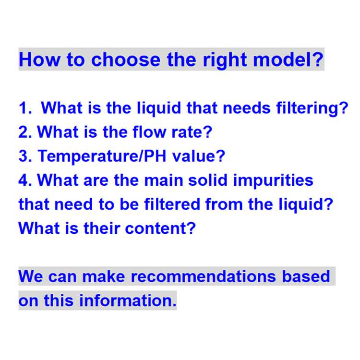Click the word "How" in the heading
pyautogui.click(x=39, y=60)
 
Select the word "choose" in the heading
pyautogui.click(x=126, y=60)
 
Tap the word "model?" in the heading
pyautogui.click(x=288, y=60)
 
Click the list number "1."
pyautogui.click(x=25, y=108)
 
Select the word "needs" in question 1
pyautogui.click(x=247, y=108)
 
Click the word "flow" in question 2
pyautogui.click(x=149, y=132)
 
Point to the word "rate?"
pyautogui.click(x=192, y=132)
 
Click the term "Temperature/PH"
pyautogui.click(x=102, y=156)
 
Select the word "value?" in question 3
pyautogui.click(x=199, y=156)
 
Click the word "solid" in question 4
pyautogui.click(x=208, y=180)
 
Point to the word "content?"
pyautogui.click(x=160, y=228)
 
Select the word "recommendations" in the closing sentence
pyautogui.click(x=204, y=276)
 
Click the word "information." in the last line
pyautogui.click(x=128, y=300)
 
